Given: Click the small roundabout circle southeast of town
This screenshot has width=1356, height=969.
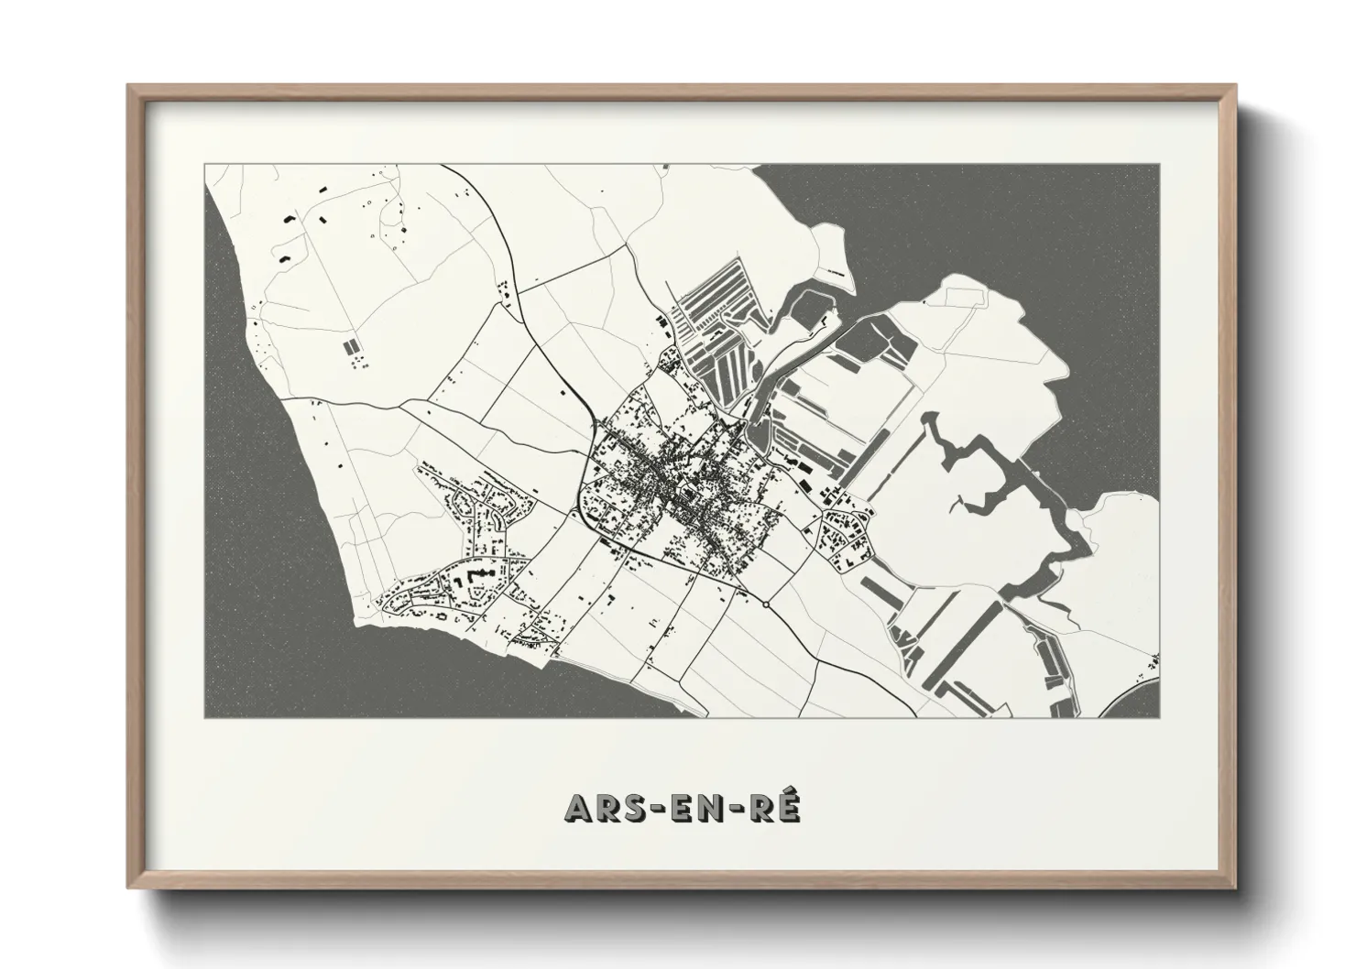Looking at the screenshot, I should click(x=766, y=604).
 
